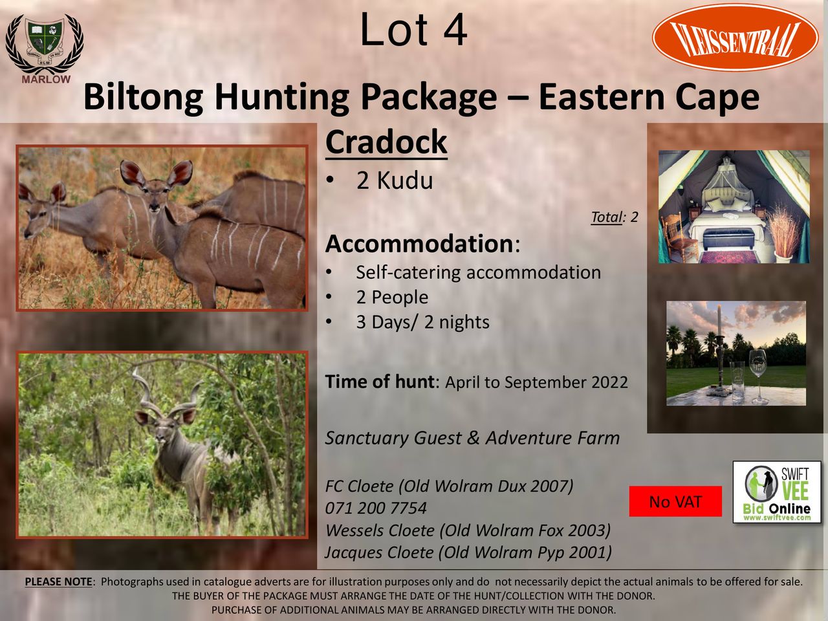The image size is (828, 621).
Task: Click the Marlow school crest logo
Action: click(45, 49)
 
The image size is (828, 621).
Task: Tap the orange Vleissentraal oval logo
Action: click(735, 37)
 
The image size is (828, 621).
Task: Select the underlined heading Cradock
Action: click(386, 142)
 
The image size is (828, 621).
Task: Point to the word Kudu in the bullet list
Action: click(405, 180)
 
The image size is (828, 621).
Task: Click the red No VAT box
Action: click(675, 501)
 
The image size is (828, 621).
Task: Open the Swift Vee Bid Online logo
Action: click(777, 492)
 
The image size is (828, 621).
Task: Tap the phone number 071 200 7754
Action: click(376, 508)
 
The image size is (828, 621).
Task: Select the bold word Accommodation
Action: click(419, 244)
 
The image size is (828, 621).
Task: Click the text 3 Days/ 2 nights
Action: click(423, 322)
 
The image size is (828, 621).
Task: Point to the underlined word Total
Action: click(606, 217)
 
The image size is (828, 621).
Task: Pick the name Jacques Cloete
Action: click(379, 552)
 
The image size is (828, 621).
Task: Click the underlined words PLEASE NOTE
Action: click(58, 582)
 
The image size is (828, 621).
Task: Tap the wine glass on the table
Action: click(759, 376)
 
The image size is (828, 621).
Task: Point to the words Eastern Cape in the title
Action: click(649, 97)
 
